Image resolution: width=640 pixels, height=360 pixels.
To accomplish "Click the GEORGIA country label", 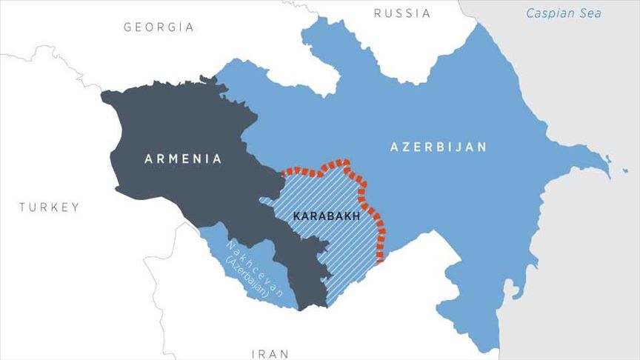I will coord(159,27).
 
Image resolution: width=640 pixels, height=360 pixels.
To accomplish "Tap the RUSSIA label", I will coord(401,13).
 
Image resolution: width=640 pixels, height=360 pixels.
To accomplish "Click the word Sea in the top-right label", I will coord(590,13).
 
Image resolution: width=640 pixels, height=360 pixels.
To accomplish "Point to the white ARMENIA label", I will coord(183,159).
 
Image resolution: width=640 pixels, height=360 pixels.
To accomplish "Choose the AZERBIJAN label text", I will coord(439,147).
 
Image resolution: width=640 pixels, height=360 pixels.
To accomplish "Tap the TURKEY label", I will coord(49,207).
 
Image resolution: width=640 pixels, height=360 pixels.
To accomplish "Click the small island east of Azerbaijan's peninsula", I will coord(605,158).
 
